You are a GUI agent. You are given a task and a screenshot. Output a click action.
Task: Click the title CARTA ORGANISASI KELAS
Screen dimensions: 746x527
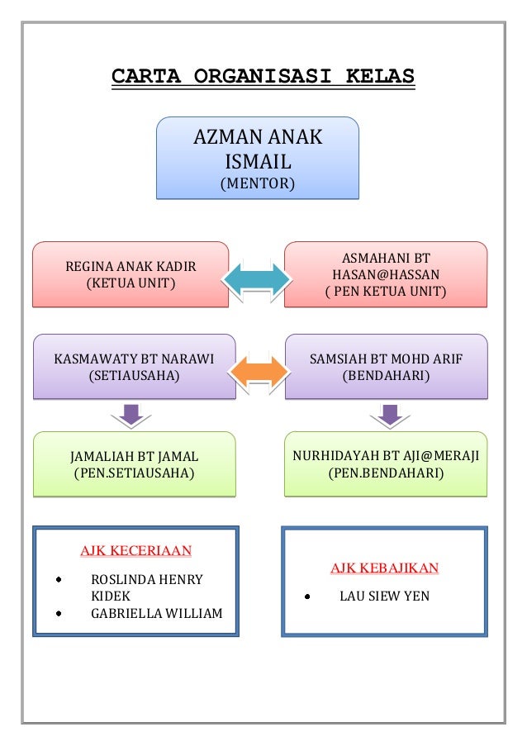click(263, 77)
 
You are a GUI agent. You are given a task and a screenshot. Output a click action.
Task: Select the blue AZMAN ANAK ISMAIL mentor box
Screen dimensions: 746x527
click(257, 158)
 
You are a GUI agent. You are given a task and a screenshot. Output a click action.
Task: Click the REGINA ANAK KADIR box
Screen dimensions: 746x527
click(131, 274)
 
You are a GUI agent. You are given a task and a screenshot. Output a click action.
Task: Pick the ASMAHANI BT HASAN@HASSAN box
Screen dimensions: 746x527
click(385, 274)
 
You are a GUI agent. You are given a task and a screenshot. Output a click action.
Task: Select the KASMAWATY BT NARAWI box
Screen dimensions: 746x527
click(134, 367)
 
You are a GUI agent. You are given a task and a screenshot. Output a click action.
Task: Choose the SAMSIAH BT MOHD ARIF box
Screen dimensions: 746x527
click(385, 367)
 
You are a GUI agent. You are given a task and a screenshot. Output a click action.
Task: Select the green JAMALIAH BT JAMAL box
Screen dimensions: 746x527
click(134, 464)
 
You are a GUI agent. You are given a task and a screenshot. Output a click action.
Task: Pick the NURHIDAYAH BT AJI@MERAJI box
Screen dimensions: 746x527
click(385, 464)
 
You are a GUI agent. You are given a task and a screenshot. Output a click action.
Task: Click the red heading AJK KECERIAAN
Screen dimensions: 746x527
click(135, 550)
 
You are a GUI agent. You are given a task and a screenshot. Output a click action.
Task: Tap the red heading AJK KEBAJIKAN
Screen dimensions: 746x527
click(384, 568)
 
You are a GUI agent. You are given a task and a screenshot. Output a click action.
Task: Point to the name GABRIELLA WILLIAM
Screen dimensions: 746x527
click(156, 613)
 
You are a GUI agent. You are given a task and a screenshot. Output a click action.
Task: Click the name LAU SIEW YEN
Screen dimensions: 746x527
click(384, 595)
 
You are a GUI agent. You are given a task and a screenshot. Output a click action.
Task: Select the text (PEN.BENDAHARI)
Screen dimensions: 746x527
click(385, 473)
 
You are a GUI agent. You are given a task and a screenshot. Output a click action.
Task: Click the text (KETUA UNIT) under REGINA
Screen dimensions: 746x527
click(131, 283)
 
